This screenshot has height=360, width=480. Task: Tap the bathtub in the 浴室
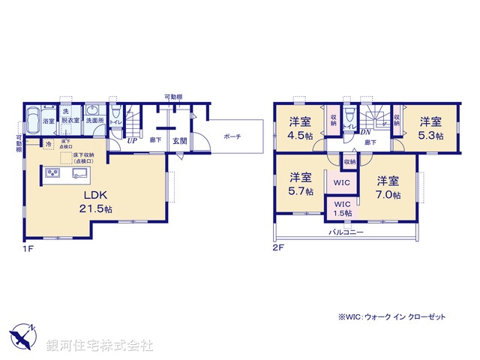tap(33, 121)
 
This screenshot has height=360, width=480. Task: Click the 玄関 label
tap(179, 140)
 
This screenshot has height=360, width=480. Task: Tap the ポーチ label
tap(232, 136)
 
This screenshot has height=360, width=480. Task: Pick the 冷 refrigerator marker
tap(48, 143)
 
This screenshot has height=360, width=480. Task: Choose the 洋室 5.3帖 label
tap(430, 127)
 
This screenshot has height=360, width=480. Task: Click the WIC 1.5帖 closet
tap(342, 208)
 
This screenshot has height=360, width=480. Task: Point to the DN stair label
tap(367, 133)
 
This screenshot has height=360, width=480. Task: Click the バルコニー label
tap(346, 233)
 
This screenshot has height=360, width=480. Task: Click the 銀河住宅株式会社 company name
tap(100, 346)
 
